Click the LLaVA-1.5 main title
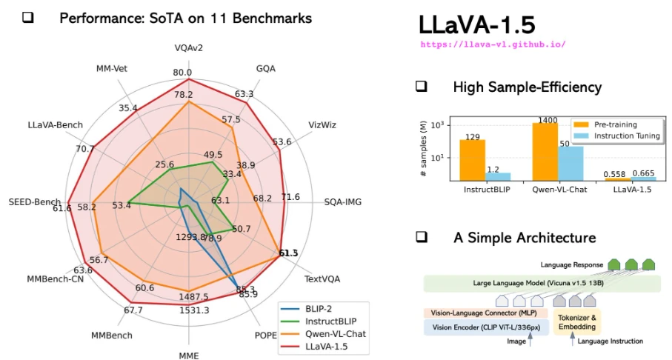pyautogui.click(x=476, y=24)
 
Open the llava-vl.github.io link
pyautogui.click(x=493, y=44)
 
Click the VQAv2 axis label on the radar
pyautogui.click(x=189, y=48)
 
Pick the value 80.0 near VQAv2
pyautogui.click(x=182, y=73)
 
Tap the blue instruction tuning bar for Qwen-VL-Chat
pyautogui.click(x=565, y=163)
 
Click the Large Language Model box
pyautogui.click(x=541, y=284)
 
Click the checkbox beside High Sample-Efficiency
pyautogui.click(x=421, y=87)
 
